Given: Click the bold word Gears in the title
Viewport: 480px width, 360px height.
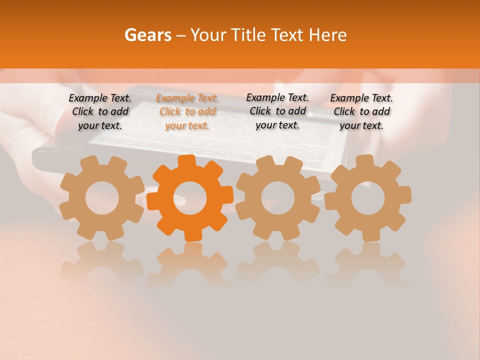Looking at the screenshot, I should pos(147,35).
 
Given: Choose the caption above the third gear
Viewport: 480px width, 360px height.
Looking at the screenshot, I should pos(277,111).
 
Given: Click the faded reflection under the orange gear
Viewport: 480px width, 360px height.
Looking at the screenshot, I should pos(189,265).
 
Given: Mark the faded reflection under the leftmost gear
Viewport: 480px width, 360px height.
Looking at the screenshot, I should pos(102,265).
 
